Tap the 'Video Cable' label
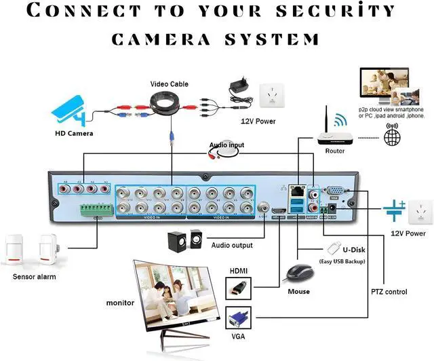[169, 84]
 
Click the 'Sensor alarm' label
[35, 277]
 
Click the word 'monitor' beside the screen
[120, 303]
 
